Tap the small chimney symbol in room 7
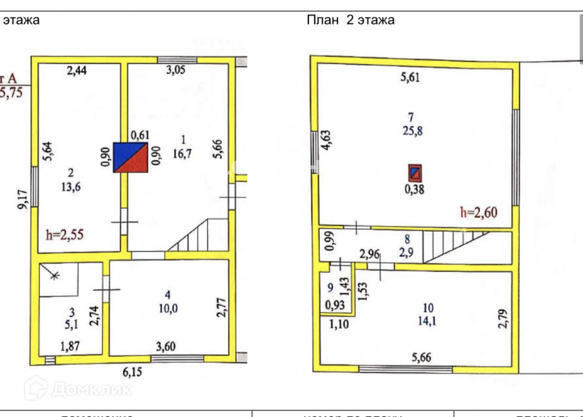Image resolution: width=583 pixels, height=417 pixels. pos(415,173)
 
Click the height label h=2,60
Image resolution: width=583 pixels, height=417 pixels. pos(478,211)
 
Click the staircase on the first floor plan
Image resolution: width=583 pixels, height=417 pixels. pos(193,236)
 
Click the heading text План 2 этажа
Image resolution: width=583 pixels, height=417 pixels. pos(350,19)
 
